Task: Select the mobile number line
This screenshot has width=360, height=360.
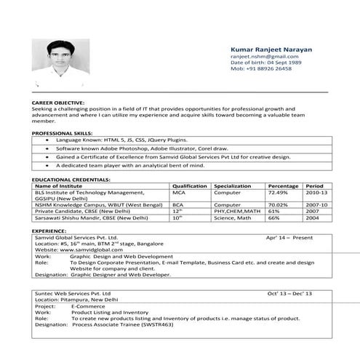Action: coord(261,68)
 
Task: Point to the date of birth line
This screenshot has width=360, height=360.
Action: coord(265,63)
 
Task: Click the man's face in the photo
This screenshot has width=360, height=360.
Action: coord(60,54)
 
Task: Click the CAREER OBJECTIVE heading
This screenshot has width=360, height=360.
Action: coord(58,103)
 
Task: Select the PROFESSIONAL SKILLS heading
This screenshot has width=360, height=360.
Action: coord(62,133)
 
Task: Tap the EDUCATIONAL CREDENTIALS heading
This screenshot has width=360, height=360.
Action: coord(69,179)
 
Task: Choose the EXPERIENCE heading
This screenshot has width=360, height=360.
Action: coord(49,231)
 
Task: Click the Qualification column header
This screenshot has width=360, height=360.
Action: coord(190,186)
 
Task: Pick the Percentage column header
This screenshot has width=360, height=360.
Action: coord(283,186)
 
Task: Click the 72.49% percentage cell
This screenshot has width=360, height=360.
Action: coord(278,193)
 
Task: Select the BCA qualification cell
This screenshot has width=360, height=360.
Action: coord(177,205)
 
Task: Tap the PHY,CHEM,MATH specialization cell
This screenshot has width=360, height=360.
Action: coord(237,212)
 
